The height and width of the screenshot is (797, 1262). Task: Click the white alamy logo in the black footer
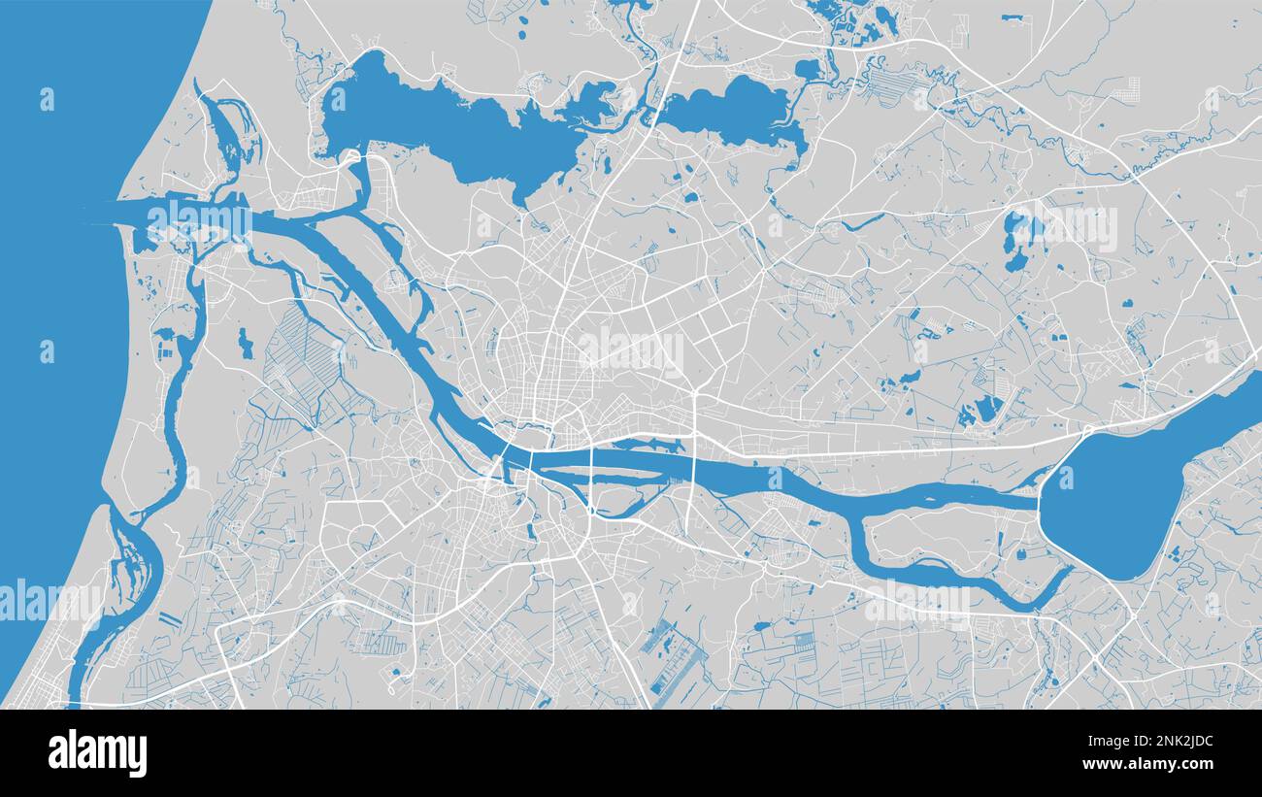98,753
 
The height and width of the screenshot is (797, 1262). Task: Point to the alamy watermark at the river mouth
199,218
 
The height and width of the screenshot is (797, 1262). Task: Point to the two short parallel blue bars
169,618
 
